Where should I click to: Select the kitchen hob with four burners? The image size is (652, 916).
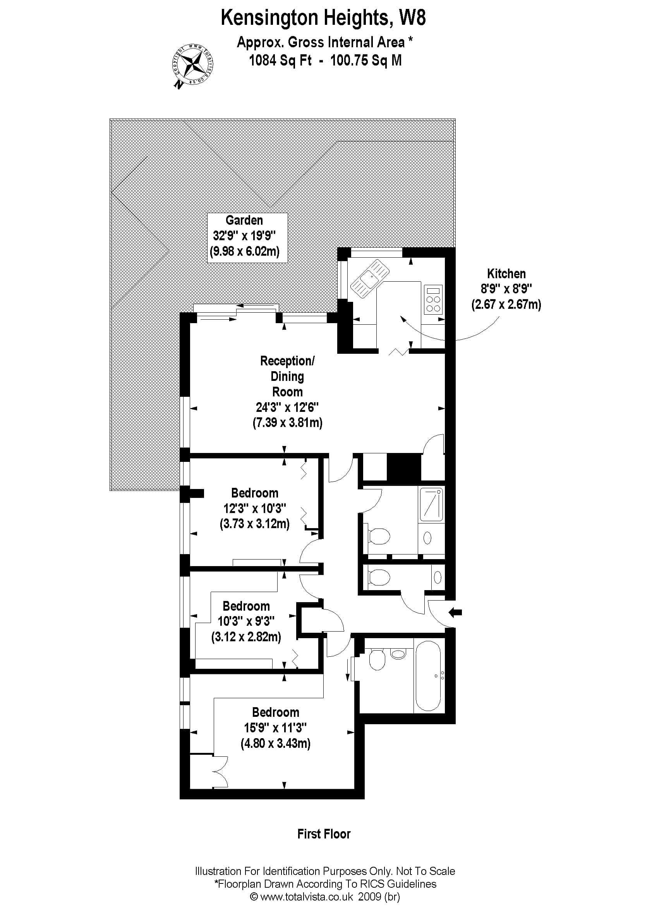(x=433, y=300)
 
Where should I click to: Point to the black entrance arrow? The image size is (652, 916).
(x=455, y=613)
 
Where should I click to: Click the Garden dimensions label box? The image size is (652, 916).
(x=247, y=238)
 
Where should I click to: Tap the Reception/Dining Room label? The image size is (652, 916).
(x=287, y=392)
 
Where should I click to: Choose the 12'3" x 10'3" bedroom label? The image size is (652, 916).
(x=254, y=509)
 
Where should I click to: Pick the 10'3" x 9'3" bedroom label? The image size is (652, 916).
(x=246, y=622)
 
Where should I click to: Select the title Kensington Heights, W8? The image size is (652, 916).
(x=323, y=18)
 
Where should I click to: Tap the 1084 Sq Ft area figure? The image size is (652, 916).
(x=280, y=60)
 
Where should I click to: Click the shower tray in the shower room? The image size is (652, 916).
(x=431, y=504)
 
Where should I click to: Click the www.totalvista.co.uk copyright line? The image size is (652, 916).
(x=325, y=896)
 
